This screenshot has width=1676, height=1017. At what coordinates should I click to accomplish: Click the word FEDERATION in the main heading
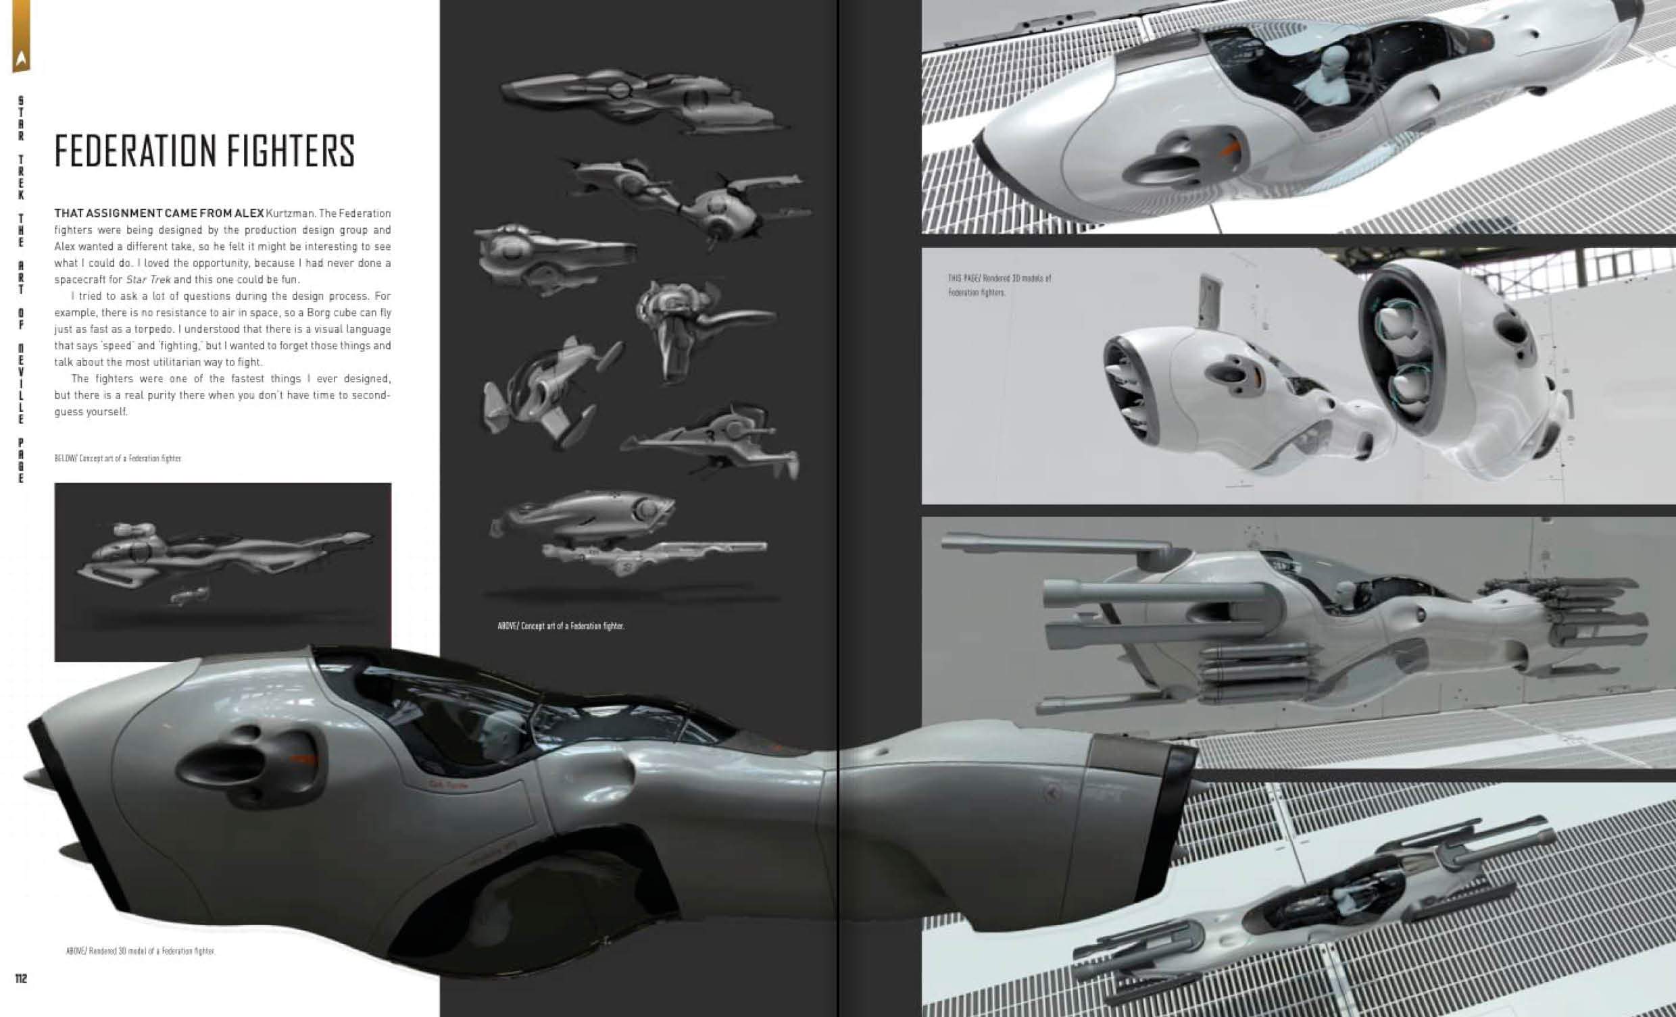click(x=132, y=151)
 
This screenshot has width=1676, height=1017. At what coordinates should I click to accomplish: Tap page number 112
click(x=21, y=979)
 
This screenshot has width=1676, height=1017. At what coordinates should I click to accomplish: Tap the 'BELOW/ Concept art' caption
click(x=118, y=459)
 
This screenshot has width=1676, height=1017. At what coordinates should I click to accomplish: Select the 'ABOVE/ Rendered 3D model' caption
click(x=141, y=951)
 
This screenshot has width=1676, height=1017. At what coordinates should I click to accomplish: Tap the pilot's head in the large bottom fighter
click(x=501, y=729)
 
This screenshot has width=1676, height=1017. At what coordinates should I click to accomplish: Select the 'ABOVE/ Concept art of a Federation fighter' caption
click(x=561, y=626)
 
